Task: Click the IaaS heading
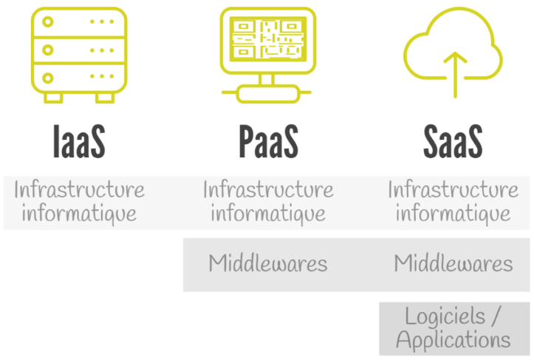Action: click(x=79, y=141)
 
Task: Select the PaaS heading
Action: click(x=268, y=141)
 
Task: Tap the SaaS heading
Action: click(x=453, y=141)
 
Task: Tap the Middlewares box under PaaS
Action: click(x=268, y=264)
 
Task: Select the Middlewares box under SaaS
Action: click(x=453, y=264)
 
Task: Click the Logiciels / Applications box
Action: click(x=453, y=328)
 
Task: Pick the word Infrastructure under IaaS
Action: click(x=79, y=190)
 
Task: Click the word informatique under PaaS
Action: click(x=268, y=214)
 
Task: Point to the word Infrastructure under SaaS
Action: click(x=453, y=190)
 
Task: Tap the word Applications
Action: click(x=453, y=340)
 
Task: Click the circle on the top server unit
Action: click(x=48, y=22)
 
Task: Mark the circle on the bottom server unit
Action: click(x=48, y=78)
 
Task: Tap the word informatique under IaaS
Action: click(x=79, y=214)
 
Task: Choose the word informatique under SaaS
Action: click(x=453, y=214)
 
